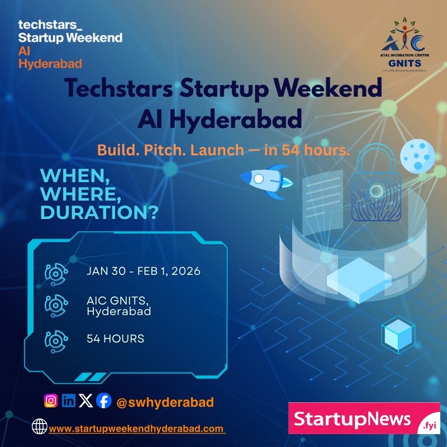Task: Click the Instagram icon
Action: click(x=51, y=401)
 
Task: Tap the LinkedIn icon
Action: click(x=69, y=401)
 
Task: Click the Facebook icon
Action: click(x=103, y=401)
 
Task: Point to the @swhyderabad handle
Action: click(x=165, y=402)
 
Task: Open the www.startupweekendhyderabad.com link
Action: click(x=137, y=429)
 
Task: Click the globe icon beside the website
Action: click(x=40, y=427)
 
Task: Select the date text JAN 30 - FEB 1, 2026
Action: click(x=144, y=272)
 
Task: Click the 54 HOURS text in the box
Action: click(x=115, y=339)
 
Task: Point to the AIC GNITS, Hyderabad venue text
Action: click(x=118, y=306)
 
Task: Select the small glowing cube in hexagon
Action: click(x=398, y=336)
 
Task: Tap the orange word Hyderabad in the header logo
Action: click(x=50, y=63)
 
